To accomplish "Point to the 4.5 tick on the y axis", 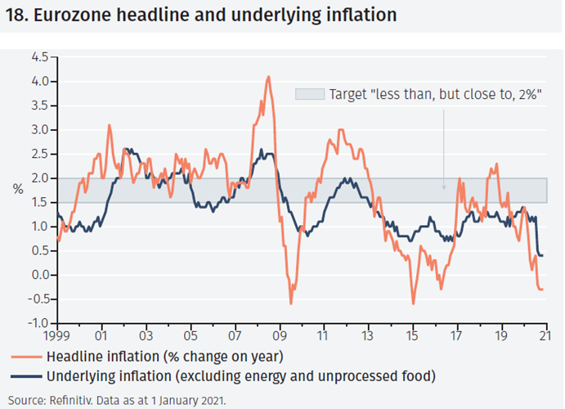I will click(x=39, y=57).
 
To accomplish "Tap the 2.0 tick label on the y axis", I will click(x=39, y=178).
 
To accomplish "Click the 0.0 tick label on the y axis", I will click(x=39, y=275).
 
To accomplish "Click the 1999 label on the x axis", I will click(x=57, y=335).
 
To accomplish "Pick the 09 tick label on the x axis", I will click(x=280, y=335).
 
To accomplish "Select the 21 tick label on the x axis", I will click(x=545, y=335).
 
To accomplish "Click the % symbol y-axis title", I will click(x=18, y=190).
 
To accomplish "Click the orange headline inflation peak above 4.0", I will click(x=268, y=77).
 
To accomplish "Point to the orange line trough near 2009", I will click(x=291, y=303).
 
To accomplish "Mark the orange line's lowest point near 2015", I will click(x=413, y=303).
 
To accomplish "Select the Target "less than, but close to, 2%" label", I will click(x=434, y=94).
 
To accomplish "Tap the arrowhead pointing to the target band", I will click(x=444, y=187).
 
